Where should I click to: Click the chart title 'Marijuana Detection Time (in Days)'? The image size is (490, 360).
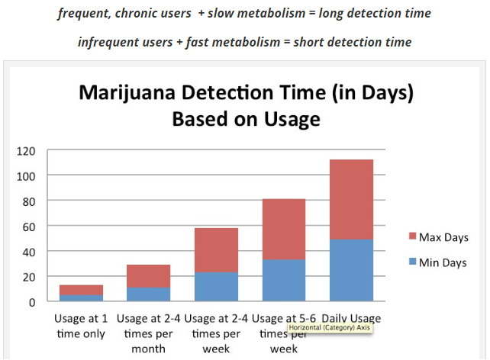(x=246, y=95)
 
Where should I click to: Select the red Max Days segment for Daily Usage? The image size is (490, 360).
(x=352, y=199)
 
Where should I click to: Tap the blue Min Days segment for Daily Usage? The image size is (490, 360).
(x=352, y=270)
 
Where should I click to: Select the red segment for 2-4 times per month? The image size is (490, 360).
(x=148, y=276)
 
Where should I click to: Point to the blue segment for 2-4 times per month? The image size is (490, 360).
(x=148, y=294)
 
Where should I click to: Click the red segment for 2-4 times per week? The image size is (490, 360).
(x=216, y=250)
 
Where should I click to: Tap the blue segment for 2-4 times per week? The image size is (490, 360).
(x=216, y=287)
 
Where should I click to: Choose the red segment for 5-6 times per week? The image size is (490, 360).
(x=284, y=229)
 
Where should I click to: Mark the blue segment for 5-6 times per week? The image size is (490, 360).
(x=284, y=280)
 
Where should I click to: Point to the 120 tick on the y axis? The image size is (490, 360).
(x=27, y=150)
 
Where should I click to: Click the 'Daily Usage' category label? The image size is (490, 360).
(x=352, y=318)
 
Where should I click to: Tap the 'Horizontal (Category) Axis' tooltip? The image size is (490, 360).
(x=330, y=328)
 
